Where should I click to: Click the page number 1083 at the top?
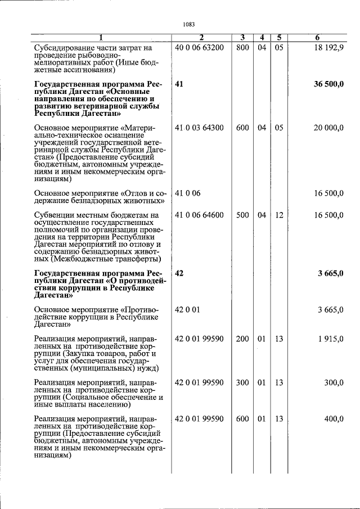[189, 24]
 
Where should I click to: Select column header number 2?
[201, 38]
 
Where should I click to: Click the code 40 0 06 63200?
[199, 48]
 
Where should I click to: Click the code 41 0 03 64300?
[199, 128]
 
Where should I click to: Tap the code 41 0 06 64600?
[199, 215]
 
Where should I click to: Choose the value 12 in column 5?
[279, 215]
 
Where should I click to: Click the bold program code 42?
[179, 273]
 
